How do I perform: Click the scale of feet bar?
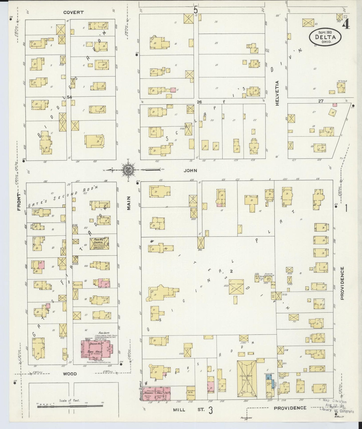(x=70, y=406)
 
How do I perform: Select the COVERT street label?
(x=73, y=12)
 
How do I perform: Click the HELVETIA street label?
(x=277, y=93)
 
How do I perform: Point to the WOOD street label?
(x=70, y=374)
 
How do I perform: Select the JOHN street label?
(x=190, y=170)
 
